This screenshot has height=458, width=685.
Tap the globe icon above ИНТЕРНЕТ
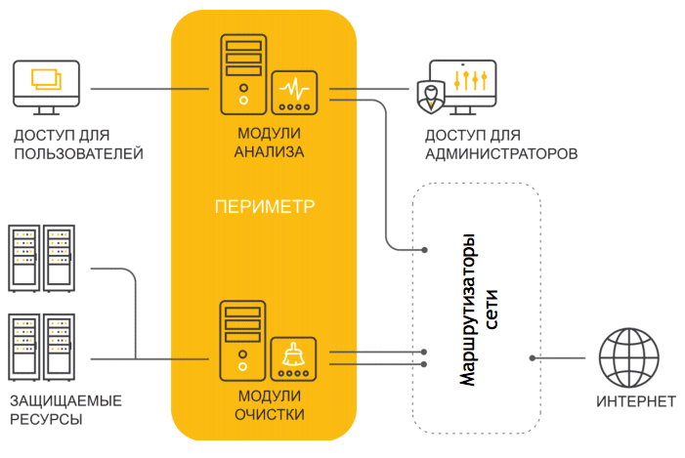click(x=628, y=357)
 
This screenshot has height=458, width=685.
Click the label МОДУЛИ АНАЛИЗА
click(x=269, y=143)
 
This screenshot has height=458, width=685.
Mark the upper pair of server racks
click(x=42, y=258)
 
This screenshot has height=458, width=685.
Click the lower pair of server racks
click(x=42, y=347)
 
